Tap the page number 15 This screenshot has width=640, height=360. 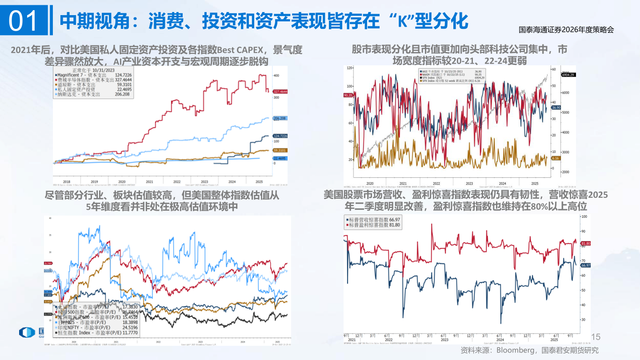pos(596,336)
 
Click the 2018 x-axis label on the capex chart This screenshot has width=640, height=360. pos(66,181)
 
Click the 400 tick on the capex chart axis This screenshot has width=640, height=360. pos(276,75)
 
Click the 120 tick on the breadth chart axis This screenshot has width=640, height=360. pos(350,68)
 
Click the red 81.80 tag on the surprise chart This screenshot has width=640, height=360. pos(585,244)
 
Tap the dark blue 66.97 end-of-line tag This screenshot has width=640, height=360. pos(585,265)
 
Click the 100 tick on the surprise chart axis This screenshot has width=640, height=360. pos(584,216)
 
